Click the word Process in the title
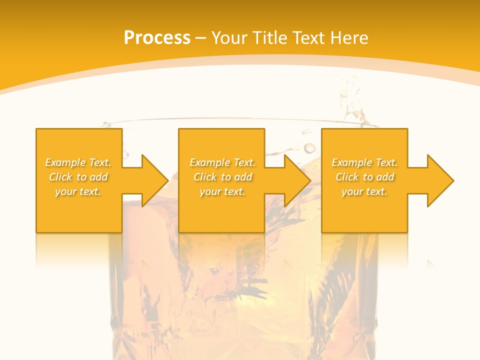click(x=157, y=38)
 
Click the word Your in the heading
click(x=230, y=38)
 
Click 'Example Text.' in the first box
click(x=78, y=162)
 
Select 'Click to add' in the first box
click(x=78, y=177)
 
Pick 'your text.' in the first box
click(x=78, y=191)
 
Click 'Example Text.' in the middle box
click(x=222, y=162)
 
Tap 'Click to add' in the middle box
click(x=222, y=177)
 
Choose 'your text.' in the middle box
click(x=222, y=191)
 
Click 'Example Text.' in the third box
click(x=364, y=162)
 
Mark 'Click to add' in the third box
click(x=364, y=177)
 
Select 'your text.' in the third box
click(x=364, y=191)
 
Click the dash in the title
click(x=201, y=38)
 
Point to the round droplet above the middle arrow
click(x=310, y=148)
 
